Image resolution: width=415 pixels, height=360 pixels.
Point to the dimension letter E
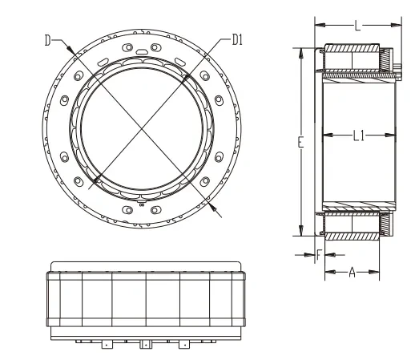[299, 143]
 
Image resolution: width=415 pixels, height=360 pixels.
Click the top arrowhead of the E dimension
[302, 51]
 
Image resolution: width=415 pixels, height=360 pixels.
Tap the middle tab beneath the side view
[145, 346]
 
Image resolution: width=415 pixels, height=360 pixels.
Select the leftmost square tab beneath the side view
[107, 346]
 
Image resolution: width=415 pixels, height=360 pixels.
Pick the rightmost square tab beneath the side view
[185, 346]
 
